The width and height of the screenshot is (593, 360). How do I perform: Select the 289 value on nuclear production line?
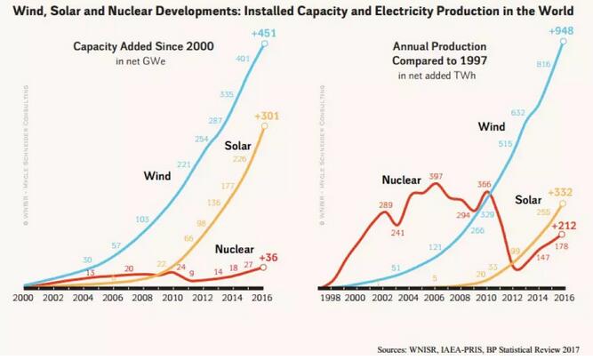[384, 205]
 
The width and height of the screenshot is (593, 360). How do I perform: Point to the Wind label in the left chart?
[157, 176]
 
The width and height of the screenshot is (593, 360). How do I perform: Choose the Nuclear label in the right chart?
[401, 180]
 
